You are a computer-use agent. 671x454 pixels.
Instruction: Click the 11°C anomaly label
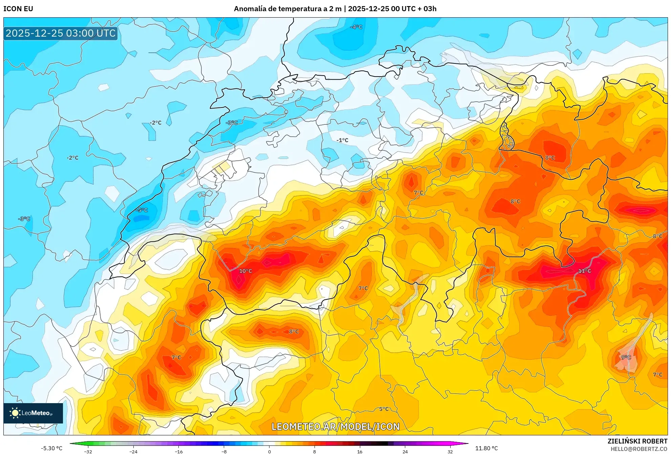pos(584,271)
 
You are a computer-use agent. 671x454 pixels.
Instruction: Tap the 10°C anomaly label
pos(245,271)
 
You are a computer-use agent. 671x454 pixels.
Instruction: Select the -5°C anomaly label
pos(142,210)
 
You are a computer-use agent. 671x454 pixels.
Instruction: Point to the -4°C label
pos(356,27)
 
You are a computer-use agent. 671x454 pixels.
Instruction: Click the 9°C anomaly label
pos(626,357)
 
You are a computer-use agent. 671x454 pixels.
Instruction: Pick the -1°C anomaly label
pos(342,140)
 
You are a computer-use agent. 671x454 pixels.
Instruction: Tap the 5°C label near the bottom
pos(384,409)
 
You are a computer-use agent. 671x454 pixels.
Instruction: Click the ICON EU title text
pos(18,8)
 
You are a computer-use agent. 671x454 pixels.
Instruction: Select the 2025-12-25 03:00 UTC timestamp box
pos(61,33)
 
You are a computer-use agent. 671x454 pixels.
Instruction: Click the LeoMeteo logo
pos(33,413)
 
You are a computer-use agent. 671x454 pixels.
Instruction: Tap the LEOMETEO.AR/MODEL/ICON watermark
pos(335,427)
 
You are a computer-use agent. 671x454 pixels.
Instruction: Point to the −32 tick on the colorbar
pos(88,451)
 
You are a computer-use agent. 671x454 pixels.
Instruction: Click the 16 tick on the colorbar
pos(360,451)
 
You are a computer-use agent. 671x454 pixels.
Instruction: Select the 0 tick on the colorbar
pos(269,451)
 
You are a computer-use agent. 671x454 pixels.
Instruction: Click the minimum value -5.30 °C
pos(51,448)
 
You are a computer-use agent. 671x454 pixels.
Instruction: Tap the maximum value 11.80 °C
pos(486,448)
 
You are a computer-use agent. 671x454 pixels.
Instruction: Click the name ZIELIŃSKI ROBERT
pos(637,441)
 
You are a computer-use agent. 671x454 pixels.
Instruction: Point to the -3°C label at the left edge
pos(24,219)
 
